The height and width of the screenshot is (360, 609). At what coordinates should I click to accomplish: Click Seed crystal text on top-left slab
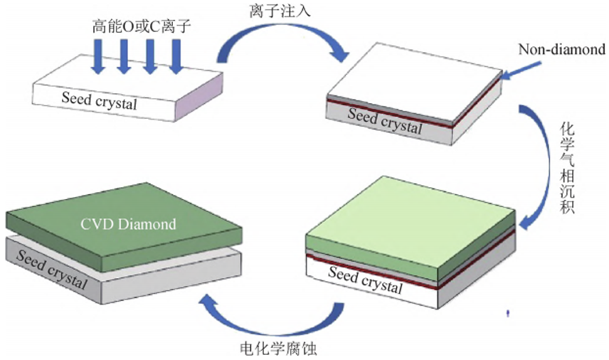[98, 103]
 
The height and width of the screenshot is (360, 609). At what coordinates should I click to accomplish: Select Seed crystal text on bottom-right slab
[365, 282]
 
